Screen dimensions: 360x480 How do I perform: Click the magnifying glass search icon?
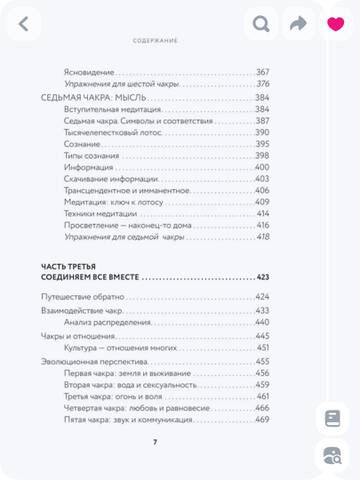pyautogui.click(x=262, y=23)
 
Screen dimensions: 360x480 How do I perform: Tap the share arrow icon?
pyautogui.click(x=297, y=23)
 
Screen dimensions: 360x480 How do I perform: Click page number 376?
pyautogui.click(x=263, y=84)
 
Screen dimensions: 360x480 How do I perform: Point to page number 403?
pyautogui.click(x=263, y=179)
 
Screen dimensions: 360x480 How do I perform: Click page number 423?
pyautogui.click(x=263, y=277)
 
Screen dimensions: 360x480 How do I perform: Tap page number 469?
pyautogui.click(x=263, y=419)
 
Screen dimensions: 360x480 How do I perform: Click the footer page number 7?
pyautogui.click(x=154, y=441)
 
